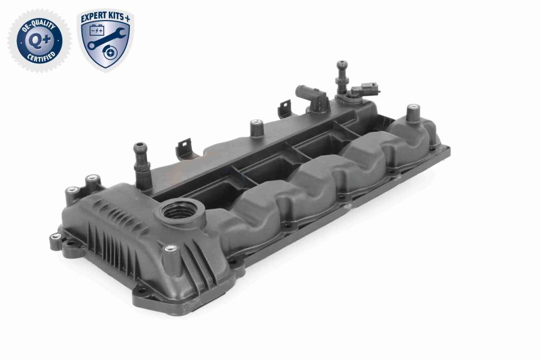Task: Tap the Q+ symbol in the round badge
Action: pos(39,40)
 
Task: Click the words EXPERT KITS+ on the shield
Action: pos(106,18)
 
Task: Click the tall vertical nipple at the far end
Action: pos(341,77)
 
